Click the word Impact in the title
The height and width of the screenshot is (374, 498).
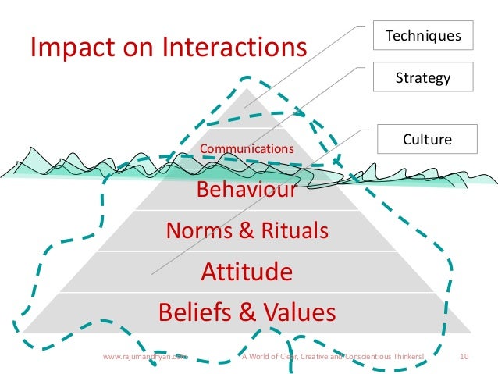66,48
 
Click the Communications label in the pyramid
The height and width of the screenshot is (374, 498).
247,148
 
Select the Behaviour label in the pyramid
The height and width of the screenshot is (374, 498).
246,190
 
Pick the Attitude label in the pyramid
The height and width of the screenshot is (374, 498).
247,272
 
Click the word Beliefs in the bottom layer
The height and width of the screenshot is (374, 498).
196,312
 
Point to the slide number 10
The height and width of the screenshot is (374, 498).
464,357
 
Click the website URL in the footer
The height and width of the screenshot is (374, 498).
145,357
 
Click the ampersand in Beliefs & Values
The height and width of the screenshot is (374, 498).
247,312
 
